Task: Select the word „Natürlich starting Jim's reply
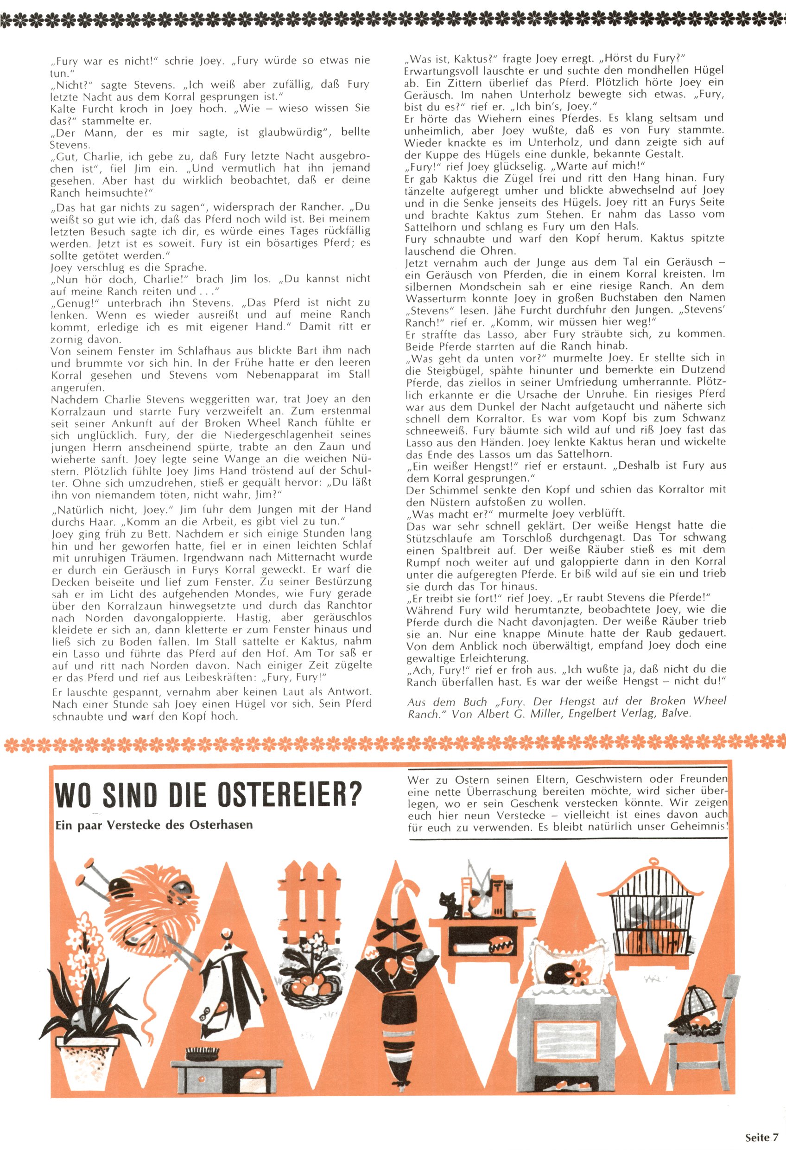pos(79,509)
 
